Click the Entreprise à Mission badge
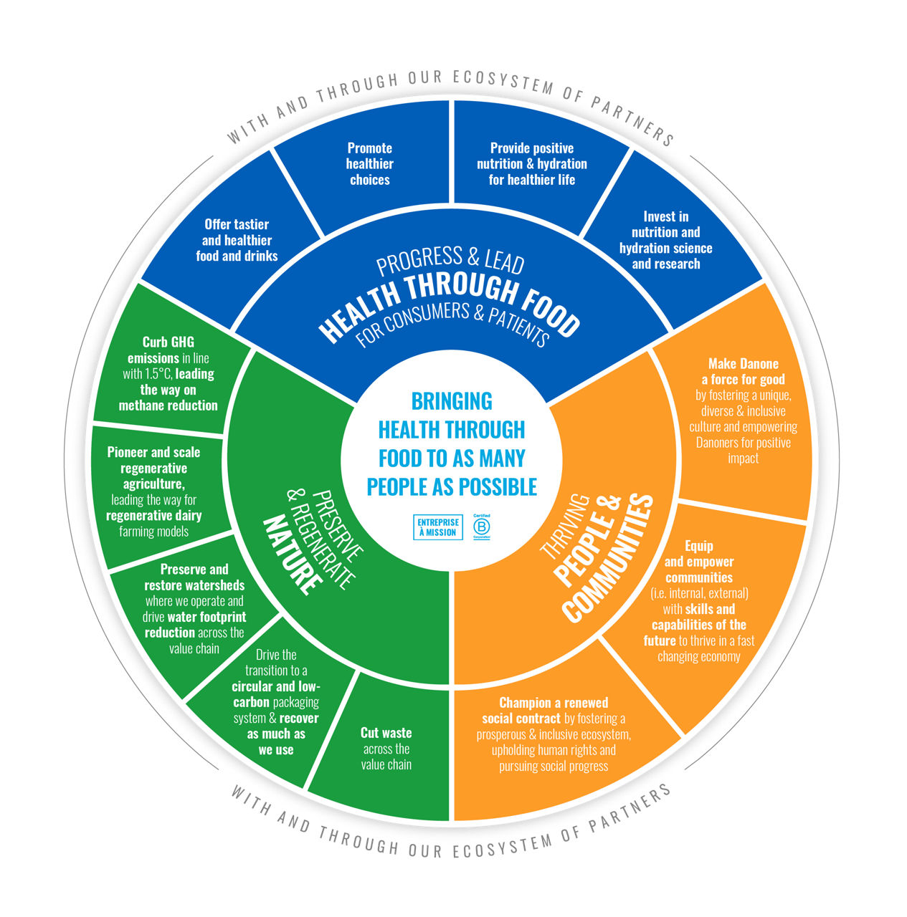point(437,527)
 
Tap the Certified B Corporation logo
point(481,527)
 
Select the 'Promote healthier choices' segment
point(369,164)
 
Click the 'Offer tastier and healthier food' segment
point(237,240)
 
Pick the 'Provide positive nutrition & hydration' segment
point(532,164)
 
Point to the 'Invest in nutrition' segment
point(665,240)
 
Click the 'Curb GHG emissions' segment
point(168,373)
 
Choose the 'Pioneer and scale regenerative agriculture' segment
point(153,491)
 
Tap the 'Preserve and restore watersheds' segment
point(194,608)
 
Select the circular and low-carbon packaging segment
point(276,702)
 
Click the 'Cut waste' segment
point(386,749)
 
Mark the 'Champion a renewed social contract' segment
point(554,734)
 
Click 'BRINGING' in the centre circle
point(452,400)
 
